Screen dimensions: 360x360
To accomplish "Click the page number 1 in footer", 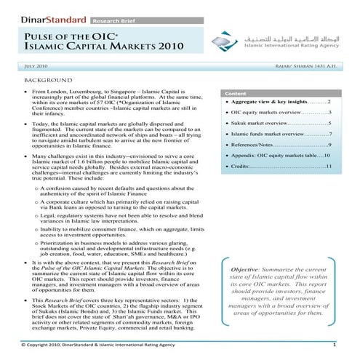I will point(333,344).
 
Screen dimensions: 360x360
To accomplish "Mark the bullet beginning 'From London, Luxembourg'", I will point(25,94).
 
